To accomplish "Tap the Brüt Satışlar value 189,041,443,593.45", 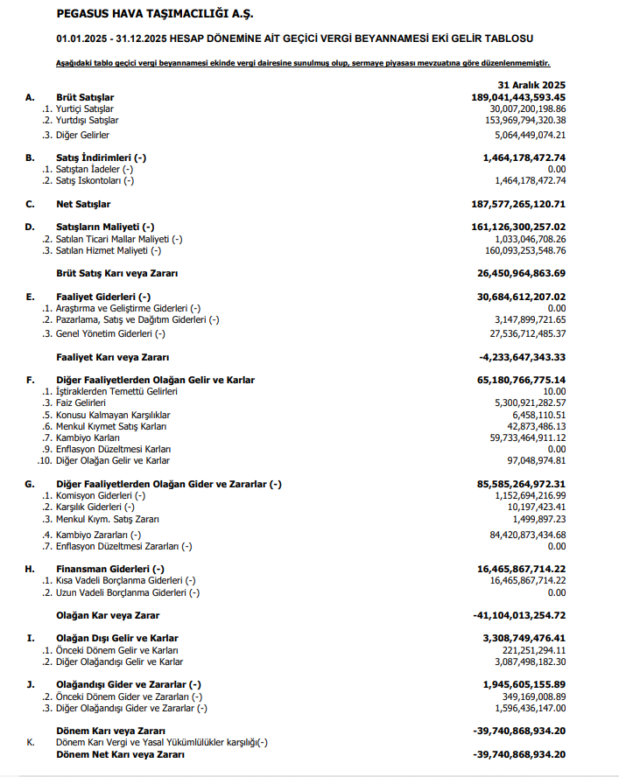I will tap(518, 97).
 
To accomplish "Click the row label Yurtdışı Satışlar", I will tap(88, 120).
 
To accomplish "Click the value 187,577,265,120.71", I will tap(518, 204).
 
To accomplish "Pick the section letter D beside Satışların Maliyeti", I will tap(29, 227).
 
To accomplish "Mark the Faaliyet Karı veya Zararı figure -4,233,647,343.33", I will tap(521, 357).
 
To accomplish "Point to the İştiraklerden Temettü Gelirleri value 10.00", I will tap(554, 391).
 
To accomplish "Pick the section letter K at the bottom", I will tap(30, 742).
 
